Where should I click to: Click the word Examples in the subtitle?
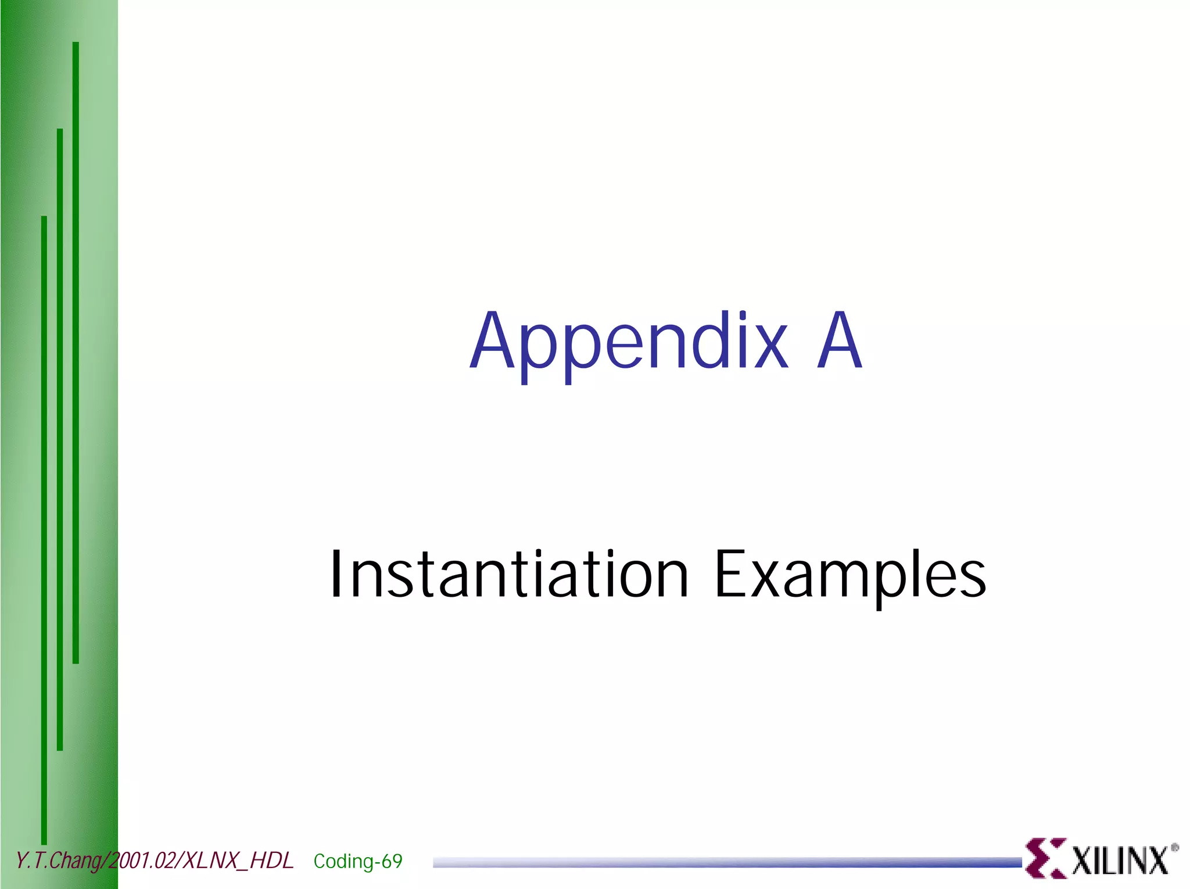click(850, 575)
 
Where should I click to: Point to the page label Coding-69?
click(357, 861)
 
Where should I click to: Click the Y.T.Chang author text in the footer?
click(58, 861)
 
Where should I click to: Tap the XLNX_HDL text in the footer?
click(238, 861)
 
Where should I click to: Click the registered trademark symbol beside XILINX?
click(1174, 848)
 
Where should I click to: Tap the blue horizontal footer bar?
click(726, 862)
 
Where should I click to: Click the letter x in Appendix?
click(770, 347)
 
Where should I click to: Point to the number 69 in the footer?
click(392, 861)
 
